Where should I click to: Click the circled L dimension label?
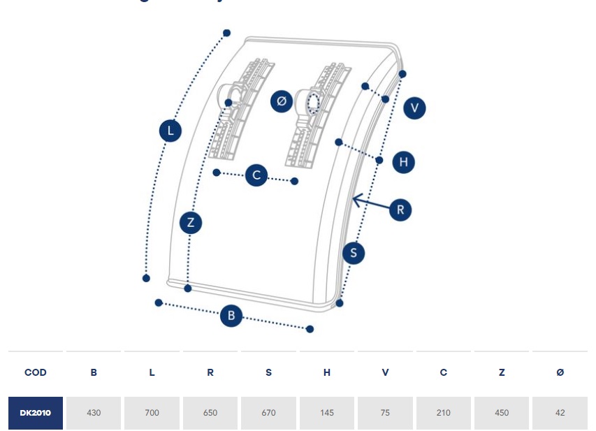pos(170,131)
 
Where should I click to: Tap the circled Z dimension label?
pos(191,223)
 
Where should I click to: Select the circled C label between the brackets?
pos(257,175)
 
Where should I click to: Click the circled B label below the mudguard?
pos(231,316)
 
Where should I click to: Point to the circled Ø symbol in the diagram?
pos(282,101)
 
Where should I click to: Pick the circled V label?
pos(414,108)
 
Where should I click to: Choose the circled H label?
pos(403,162)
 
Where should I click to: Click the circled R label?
pos(400,210)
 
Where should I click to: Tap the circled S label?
pos(354,253)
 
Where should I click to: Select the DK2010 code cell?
pos(36,413)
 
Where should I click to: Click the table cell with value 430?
pos(94,413)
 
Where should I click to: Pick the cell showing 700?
pos(152,413)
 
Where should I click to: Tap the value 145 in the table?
pos(327,413)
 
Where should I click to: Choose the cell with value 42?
pos(560,413)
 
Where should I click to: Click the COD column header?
pos(36,372)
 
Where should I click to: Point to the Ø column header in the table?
pos(560,372)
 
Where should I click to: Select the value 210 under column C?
pos(444,413)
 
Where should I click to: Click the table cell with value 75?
pos(385,413)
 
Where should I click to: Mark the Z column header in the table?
pos(502,372)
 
